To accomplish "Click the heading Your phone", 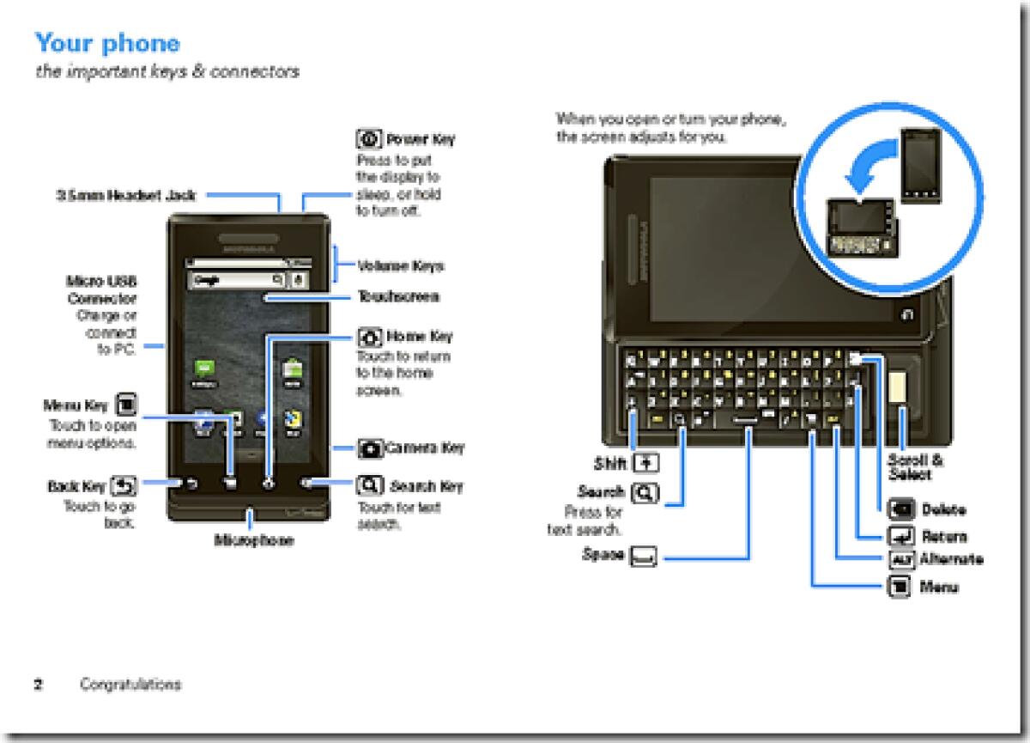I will point(107,42).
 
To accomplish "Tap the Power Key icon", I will point(368,139).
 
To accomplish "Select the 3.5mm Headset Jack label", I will point(126,196).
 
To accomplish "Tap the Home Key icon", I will point(368,336).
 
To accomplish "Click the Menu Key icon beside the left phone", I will point(125,405).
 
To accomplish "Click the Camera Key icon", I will point(370,448).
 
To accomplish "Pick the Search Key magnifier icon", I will point(368,486).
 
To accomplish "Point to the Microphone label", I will point(253,540).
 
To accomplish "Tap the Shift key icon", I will point(645,464).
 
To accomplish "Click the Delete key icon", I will point(901,509).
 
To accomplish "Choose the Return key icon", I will point(901,537).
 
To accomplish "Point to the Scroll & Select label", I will point(915,467).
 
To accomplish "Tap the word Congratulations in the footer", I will point(130,685).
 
